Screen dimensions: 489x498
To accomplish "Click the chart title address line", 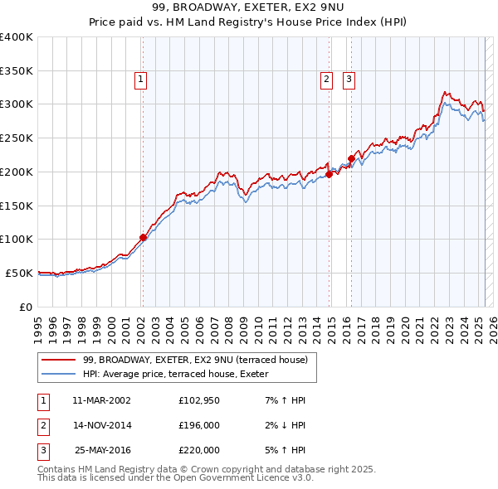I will coord(248,7).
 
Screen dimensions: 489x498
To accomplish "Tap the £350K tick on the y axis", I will coord(17,71).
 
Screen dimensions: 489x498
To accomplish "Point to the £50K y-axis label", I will coord(20,273).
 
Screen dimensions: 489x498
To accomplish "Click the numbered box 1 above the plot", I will coord(141,80).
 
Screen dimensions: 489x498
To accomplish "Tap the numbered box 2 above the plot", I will coord(327,80).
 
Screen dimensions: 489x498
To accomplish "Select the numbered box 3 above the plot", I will coord(349,80).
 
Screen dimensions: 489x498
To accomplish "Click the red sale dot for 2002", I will coord(143,237).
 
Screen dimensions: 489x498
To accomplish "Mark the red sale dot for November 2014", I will coord(330,174).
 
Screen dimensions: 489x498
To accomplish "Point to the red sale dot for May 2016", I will coord(351,158).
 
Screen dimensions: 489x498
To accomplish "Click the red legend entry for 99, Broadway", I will coord(195,360).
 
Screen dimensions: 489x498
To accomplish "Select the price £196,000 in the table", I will coord(199,425).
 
